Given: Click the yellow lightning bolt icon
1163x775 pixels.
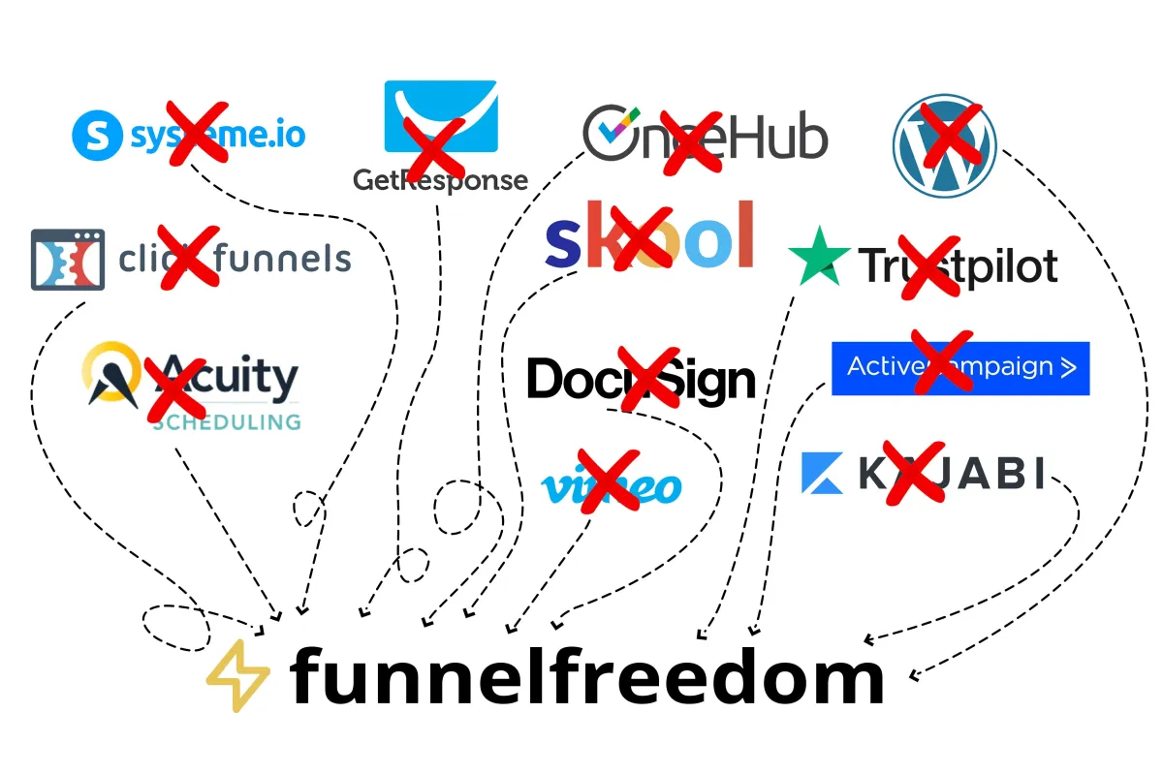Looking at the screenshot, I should pos(238,675).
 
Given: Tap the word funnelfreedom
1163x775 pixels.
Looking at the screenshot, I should pos(586,676).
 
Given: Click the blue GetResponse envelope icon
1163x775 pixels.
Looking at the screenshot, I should pos(441,117).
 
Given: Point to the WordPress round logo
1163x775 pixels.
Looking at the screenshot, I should pos(944,146).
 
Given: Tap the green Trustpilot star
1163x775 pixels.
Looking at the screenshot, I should pos(819,258).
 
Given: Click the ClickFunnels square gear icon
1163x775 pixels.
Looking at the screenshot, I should pos(67,260).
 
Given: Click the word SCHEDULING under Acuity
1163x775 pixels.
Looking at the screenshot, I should pos(227,421).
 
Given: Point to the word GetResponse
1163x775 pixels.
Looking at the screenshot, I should pos(440,180).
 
